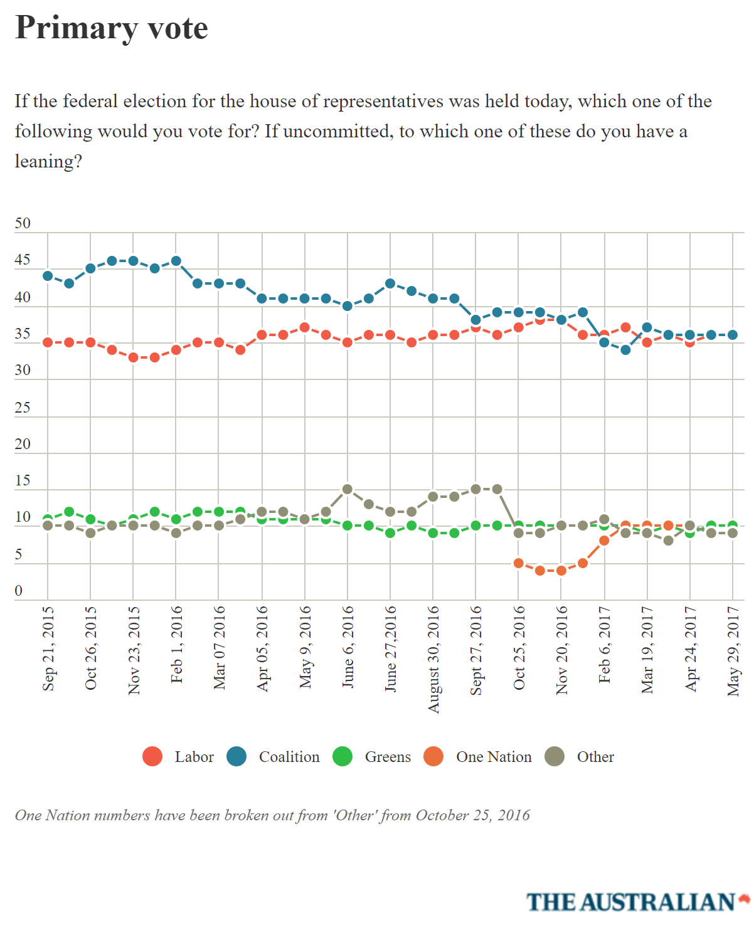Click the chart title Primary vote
pyautogui.click(x=112, y=28)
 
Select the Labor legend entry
pyautogui.click(x=179, y=757)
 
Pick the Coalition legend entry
pyautogui.click(x=273, y=757)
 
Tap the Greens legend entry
pyautogui.click(x=372, y=757)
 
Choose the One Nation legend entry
pyautogui.click(x=478, y=757)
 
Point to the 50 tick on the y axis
pyautogui.click(x=23, y=224)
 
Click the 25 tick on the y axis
pyautogui.click(x=23, y=408)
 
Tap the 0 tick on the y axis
pyautogui.click(x=19, y=591)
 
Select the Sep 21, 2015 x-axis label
pyautogui.click(x=48, y=648)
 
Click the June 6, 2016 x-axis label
pyautogui.click(x=348, y=647)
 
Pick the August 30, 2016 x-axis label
pyautogui.click(x=433, y=659)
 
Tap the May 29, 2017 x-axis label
pyautogui.click(x=733, y=651)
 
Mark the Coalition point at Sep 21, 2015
pyautogui.click(x=48, y=276)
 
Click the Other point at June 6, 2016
pyautogui.click(x=348, y=489)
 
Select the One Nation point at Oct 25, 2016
pyautogui.click(x=519, y=563)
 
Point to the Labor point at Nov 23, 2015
pyautogui.click(x=133, y=357)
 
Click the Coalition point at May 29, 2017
pyautogui.click(x=733, y=335)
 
